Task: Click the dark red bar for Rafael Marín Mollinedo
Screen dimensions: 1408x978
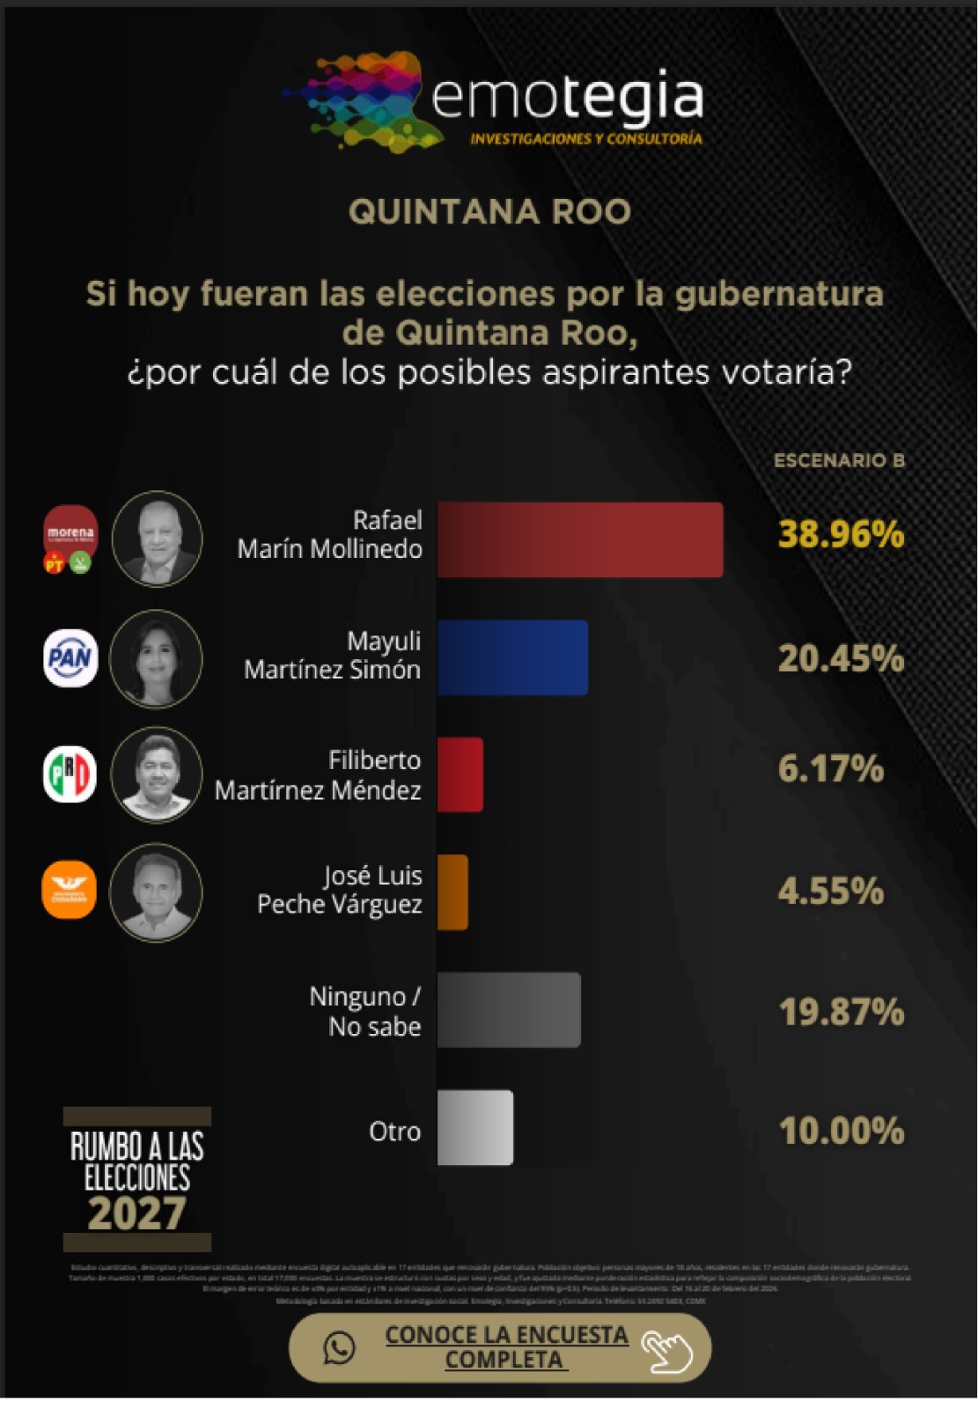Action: (x=580, y=539)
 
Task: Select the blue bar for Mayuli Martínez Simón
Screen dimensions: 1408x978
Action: (x=512, y=657)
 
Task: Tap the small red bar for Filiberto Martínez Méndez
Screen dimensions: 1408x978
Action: (x=460, y=774)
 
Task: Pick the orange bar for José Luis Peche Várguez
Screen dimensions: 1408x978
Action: (x=452, y=891)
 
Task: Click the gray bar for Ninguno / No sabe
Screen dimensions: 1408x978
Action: (x=509, y=1009)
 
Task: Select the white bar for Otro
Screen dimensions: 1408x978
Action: (x=475, y=1127)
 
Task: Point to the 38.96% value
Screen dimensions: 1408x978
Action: (x=841, y=534)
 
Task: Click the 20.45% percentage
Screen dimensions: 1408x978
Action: (x=841, y=658)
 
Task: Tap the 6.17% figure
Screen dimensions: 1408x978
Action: (x=830, y=768)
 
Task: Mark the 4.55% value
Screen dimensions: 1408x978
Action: (x=830, y=891)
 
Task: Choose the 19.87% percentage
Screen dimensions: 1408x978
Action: (x=841, y=1012)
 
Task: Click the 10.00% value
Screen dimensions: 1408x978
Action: (x=841, y=1131)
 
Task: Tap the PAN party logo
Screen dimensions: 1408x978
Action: (x=70, y=657)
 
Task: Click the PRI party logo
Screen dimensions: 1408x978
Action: (x=70, y=774)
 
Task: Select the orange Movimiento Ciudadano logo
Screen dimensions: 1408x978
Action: (x=70, y=890)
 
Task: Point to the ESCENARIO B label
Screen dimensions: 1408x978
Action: (x=839, y=460)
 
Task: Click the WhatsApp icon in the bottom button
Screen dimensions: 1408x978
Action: (x=339, y=1347)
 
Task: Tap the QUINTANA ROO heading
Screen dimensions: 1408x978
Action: (x=489, y=212)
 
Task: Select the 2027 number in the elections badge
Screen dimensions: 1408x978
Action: (x=136, y=1214)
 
